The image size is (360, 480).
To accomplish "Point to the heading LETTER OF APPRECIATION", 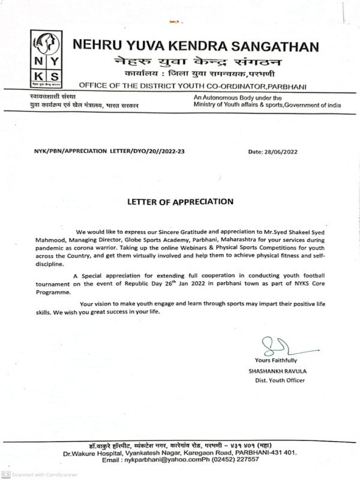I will [181, 202].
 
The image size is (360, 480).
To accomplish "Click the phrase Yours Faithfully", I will [275, 361].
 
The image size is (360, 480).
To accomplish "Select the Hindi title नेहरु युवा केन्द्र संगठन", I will [180, 61].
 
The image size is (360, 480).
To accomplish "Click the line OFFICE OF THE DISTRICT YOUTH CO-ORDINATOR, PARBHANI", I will [193, 87].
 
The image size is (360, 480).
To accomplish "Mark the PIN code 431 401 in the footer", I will [281, 452].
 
